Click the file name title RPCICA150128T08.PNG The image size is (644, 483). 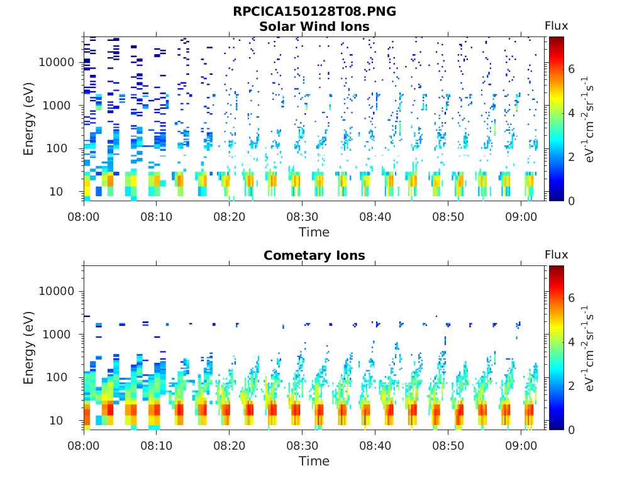pyautogui.click(x=314, y=11)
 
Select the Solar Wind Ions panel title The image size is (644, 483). pyautogui.click(x=314, y=26)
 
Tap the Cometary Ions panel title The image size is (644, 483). pyautogui.click(x=314, y=255)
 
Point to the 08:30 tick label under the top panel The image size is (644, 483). pyautogui.click(x=303, y=216)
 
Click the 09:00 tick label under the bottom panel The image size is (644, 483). pyautogui.click(x=521, y=446)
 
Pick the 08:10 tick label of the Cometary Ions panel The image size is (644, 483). pyautogui.click(x=156, y=446)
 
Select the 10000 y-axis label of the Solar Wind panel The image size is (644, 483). pyautogui.click(x=56, y=62)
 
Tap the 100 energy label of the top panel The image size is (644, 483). pyautogui.click(x=56, y=148)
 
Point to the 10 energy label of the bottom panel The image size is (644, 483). pyautogui.click(x=56, y=421)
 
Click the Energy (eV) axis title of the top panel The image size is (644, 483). pyautogui.click(x=28, y=119)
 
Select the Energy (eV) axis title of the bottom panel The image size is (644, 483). pyautogui.click(x=28, y=348)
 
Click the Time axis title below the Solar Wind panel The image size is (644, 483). pyautogui.click(x=314, y=232)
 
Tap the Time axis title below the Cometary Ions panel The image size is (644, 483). pyautogui.click(x=314, y=461)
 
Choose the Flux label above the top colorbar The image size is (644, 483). pyautogui.click(x=556, y=26)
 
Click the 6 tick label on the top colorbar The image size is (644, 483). pyautogui.click(x=571, y=69)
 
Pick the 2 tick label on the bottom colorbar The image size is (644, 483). pyautogui.click(x=571, y=386)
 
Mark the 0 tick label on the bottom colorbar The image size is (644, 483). pyautogui.click(x=571, y=430)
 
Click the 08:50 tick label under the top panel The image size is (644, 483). pyautogui.click(x=448, y=216)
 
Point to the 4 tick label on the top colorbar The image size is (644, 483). pyautogui.click(x=571, y=113)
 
